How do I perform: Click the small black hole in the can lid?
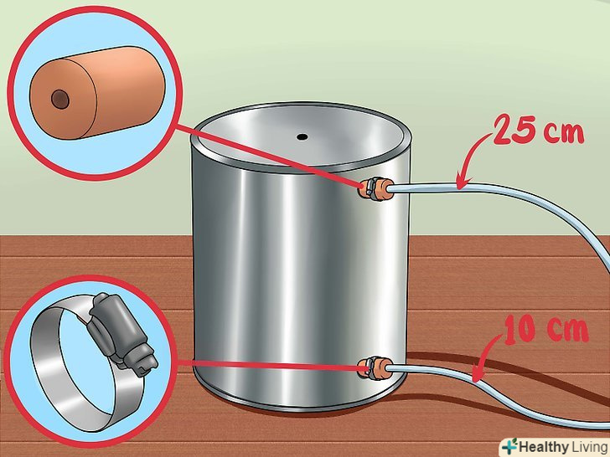tap(302, 136)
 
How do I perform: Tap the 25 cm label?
tap(539, 130)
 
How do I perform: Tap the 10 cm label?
tap(545, 329)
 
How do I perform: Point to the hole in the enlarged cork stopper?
tap(60, 99)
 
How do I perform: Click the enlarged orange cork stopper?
tap(97, 92)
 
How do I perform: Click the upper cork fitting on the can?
tap(375, 188)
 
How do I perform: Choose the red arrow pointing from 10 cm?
tap(484, 356)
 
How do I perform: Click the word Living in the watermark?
tap(588, 447)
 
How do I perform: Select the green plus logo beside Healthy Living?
tap(510, 446)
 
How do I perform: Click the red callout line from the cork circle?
tap(268, 157)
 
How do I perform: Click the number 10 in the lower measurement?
tap(522, 329)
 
